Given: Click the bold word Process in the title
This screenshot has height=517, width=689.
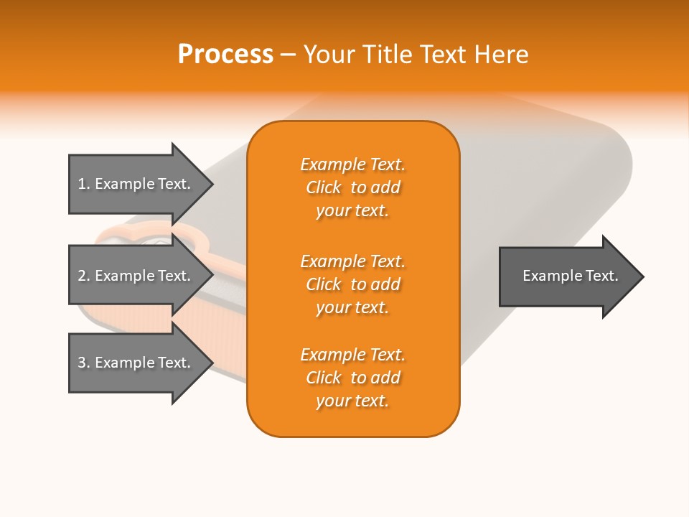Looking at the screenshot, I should point(225,55).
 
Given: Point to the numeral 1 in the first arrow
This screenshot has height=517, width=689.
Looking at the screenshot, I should point(82,184).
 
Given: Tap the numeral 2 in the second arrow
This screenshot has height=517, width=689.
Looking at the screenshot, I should point(82,276).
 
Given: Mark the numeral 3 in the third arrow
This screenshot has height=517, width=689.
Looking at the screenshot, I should point(82,363).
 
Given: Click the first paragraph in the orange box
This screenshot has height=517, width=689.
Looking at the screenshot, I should point(352,187).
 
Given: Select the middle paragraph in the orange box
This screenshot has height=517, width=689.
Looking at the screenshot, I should point(352,284).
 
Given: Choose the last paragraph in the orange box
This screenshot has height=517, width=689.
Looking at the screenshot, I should point(352,378).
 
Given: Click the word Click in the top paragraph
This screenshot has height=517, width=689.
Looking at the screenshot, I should point(324,187).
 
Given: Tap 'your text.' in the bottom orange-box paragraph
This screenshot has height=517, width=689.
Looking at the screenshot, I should point(352,401).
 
